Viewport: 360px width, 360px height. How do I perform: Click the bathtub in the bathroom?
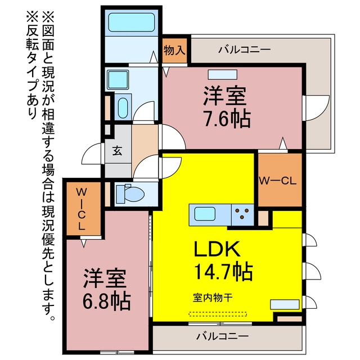(x=131, y=22)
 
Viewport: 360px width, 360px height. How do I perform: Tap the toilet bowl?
(x=130, y=194)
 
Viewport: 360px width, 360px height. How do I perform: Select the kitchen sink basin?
(x=205, y=214)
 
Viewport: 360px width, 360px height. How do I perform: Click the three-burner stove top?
(x=242, y=214)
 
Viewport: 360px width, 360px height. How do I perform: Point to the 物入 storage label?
(x=174, y=50)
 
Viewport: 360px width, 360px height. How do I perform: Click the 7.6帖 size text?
(x=227, y=119)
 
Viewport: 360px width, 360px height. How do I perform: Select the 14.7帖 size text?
(x=223, y=272)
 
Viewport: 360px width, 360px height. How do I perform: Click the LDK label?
(x=217, y=249)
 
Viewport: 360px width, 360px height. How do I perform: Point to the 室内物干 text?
(x=213, y=298)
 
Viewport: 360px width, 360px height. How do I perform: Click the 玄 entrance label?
(x=117, y=151)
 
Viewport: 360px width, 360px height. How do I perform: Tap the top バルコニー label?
(x=244, y=49)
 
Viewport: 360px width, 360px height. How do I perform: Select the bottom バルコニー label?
(x=222, y=336)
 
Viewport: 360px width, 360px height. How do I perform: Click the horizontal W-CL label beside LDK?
(x=277, y=181)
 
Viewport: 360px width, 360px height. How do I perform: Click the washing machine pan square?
(x=118, y=80)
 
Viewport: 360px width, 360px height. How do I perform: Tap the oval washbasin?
(x=123, y=108)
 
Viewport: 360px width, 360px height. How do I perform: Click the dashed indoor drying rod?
(x=218, y=314)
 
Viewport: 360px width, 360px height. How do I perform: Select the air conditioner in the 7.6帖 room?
(x=223, y=74)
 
